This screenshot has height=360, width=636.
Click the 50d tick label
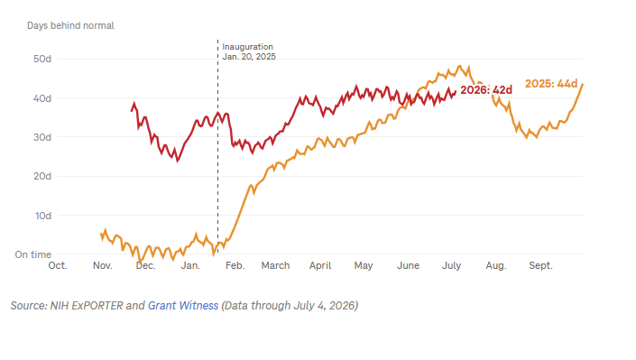click(42, 59)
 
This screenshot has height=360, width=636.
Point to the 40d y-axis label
click(42, 98)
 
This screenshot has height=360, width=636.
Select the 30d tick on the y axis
click(42, 137)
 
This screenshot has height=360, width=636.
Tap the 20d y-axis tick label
click(42, 176)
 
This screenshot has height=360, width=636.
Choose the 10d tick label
click(43, 216)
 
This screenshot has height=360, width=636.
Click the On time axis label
click(33, 254)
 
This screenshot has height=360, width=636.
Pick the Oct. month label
click(58, 265)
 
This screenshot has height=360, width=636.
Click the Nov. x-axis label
click(102, 265)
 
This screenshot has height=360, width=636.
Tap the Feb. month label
click(235, 265)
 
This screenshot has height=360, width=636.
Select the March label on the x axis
click(275, 265)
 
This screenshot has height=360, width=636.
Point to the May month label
click(363, 266)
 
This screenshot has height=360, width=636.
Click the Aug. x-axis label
click(496, 266)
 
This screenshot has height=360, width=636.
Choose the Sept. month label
click(540, 266)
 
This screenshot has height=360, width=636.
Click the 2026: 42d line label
click(486, 89)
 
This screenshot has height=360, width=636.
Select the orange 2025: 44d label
click(551, 84)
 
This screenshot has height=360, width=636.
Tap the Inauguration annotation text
click(247, 47)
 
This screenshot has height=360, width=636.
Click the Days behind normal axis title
click(70, 25)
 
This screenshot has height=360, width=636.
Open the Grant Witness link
click(183, 305)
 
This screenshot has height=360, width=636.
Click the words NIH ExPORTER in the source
click(87, 305)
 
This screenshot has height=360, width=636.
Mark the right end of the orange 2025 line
click(583, 85)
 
